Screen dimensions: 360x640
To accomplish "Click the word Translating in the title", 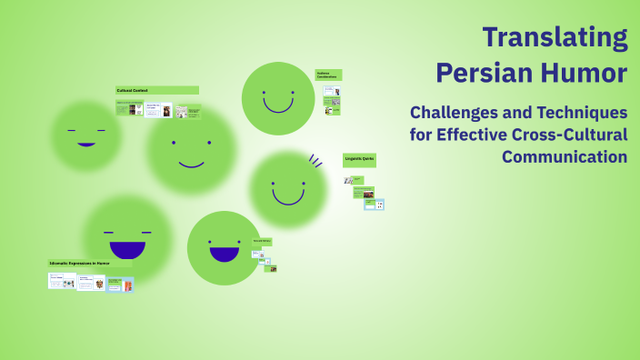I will pos(555,38).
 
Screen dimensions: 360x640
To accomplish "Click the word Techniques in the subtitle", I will pos(579,114).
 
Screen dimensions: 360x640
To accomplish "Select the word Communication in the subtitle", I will pos(565,156).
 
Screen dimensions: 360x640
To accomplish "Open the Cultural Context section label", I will pos(133,90).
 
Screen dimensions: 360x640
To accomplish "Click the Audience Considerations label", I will pos(327,75).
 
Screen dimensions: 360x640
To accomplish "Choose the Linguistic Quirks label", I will pos(359,158).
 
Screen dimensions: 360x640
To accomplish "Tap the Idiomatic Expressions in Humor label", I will pos(79,263).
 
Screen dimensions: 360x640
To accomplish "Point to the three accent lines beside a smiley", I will pos(315,162).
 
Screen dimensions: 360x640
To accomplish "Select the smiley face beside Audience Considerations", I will pos(277,98).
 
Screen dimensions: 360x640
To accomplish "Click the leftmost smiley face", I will pos(86,136).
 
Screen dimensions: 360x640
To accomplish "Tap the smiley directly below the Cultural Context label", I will pos(191,151).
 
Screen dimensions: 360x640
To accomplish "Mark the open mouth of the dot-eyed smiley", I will pos(224,254).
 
